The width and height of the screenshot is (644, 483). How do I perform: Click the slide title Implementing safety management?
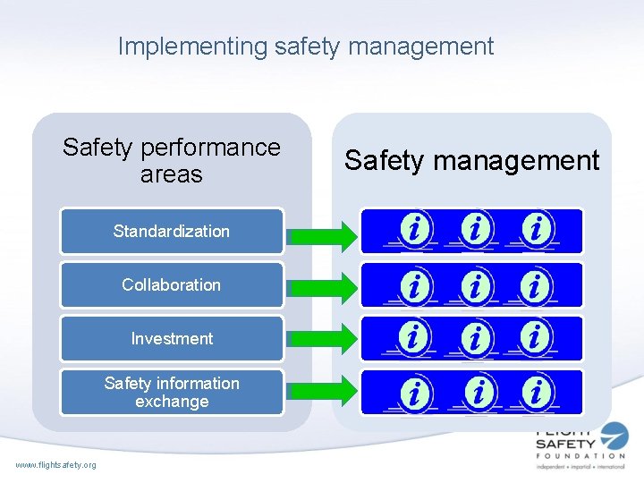click(x=306, y=46)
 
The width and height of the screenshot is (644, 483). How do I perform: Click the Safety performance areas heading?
click(x=172, y=160)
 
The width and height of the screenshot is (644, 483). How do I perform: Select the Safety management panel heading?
click(x=471, y=160)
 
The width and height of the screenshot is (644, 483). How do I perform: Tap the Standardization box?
click(x=172, y=231)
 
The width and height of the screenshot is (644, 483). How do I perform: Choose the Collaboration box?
click(x=172, y=284)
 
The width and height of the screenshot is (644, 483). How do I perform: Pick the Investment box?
click(x=172, y=338)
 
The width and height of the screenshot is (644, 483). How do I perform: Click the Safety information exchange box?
click(x=172, y=392)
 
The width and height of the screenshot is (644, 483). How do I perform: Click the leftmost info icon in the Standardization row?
click(x=414, y=231)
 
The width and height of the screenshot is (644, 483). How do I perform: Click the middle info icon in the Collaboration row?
click(x=476, y=286)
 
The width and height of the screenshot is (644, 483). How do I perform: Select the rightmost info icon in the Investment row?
click(x=535, y=338)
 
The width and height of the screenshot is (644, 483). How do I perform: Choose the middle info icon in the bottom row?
click(x=480, y=393)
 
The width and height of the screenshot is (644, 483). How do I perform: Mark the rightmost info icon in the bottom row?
click(x=535, y=393)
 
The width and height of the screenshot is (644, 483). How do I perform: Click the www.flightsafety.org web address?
click(x=56, y=463)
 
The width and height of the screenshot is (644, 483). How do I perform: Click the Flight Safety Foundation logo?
click(x=580, y=449)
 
